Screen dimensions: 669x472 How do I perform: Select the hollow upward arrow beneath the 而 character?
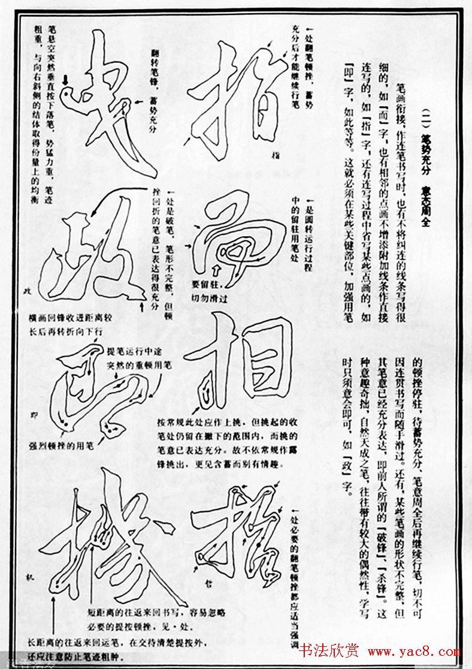(x=214, y=267)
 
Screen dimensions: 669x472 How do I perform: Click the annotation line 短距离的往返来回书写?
(x=156, y=613)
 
